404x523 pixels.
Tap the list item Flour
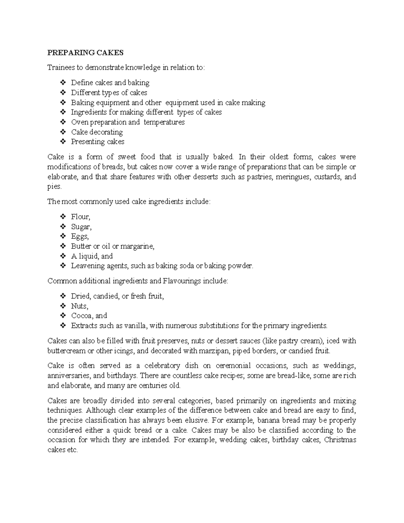pyautogui.click(x=80, y=217)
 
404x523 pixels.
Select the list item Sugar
pyautogui.click(x=81, y=227)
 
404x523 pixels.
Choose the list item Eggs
pyautogui.click(x=79, y=236)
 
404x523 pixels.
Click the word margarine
pyautogui.click(x=137, y=246)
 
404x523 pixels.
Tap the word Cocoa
pyautogui.click(x=81, y=316)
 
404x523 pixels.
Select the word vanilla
pyautogui.click(x=136, y=326)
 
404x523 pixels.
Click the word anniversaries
pyautogui.click(x=69, y=375)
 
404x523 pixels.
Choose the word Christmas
pyautogui.click(x=340, y=440)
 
